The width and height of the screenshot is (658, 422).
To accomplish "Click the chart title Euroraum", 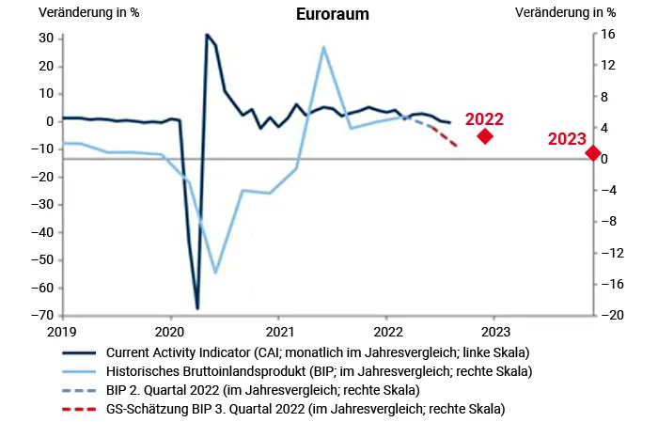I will pos(332,14).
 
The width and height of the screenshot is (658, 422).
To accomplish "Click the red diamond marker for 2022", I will pos(485,136).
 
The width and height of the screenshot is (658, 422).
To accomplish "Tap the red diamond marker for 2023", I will pos(592,153).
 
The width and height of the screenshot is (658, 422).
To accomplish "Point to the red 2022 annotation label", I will pos(484,119).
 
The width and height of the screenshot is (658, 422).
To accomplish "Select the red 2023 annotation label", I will pos(567,139).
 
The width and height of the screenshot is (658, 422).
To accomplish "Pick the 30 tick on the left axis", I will pos(44,38).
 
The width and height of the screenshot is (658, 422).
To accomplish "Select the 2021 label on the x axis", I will pos(279,332).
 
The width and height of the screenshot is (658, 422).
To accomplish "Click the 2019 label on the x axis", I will pos(62,332).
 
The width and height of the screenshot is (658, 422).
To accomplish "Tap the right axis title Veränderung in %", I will pos(566,13).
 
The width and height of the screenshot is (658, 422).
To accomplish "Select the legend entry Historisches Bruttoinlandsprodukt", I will pos(319,371).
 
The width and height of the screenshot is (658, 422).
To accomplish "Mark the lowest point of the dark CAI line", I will pos(197,308).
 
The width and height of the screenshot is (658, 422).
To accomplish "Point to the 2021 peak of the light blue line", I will pos(323,47).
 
